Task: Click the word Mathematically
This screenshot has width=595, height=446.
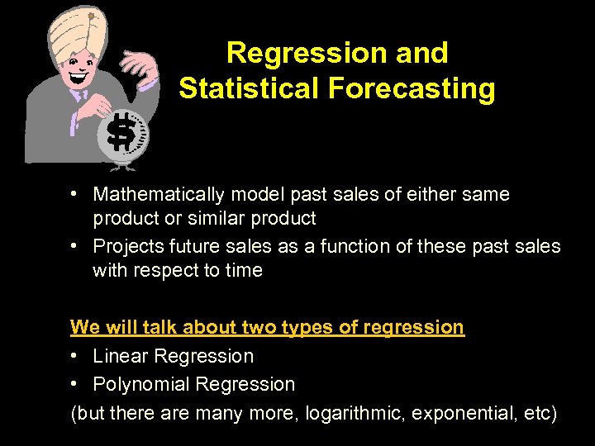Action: (159, 195)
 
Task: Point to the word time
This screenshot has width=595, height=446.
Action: (244, 271)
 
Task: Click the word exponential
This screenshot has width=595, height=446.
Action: (469, 413)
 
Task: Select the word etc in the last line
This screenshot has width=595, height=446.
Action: (537, 413)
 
